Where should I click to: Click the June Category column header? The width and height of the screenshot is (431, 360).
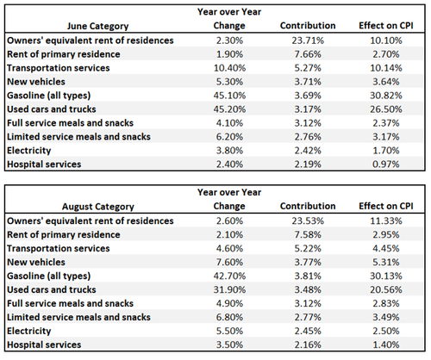click(x=98, y=26)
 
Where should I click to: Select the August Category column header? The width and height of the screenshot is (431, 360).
click(x=98, y=207)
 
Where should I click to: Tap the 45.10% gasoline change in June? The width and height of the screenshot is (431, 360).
click(x=229, y=96)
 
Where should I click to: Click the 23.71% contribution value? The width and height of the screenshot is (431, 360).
click(x=308, y=40)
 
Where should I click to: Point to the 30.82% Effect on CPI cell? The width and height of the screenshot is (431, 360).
click(x=386, y=96)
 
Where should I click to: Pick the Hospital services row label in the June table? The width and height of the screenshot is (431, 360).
click(x=44, y=164)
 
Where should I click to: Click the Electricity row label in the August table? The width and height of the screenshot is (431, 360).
click(x=29, y=331)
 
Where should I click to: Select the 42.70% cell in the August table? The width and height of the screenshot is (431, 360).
click(x=229, y=276)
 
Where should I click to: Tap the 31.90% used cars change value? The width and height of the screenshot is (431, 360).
click(x=229, y=289)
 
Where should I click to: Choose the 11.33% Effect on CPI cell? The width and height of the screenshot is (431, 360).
click(x=386, y=221)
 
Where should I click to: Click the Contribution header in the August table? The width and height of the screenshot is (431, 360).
click(x=308, y=206)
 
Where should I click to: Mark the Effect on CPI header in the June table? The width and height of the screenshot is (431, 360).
click(x=386, y=26)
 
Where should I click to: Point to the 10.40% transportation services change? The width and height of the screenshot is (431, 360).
click(x=229, y=68)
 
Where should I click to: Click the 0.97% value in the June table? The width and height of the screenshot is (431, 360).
click(x=386, y=164)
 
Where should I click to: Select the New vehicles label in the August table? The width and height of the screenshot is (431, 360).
click(x=36, y=262)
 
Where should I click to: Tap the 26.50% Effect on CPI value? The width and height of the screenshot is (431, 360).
click(x=386, y=109)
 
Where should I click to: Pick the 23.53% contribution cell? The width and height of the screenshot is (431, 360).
click(x=308, y=221)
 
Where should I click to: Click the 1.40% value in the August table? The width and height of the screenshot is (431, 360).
click(x=386, y=344)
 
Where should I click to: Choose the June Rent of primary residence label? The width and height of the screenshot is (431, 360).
click(x=64, y=54)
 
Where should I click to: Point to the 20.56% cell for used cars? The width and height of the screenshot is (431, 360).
click(x=386, y=289)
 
